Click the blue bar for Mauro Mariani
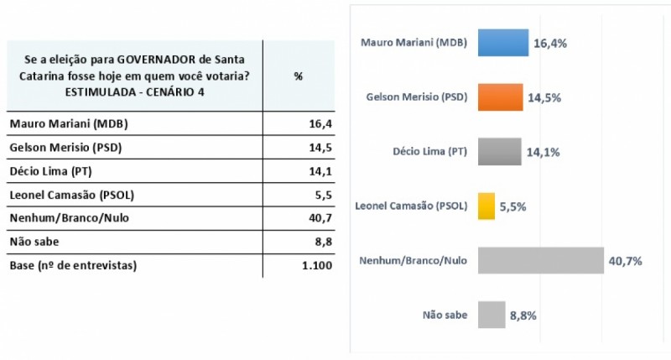(502, 43)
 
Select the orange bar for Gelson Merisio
(500, 97)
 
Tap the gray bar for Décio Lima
(499, 152)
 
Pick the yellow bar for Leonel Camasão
(486, 206)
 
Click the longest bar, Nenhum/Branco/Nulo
(540, 260)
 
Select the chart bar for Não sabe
(492, 315)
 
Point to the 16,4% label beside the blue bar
(550, 44)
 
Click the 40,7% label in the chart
(626, 261)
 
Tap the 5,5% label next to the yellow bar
(513, 206)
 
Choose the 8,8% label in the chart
(523, 316)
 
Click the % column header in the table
(298, 76)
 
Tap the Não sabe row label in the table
(34, 243)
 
